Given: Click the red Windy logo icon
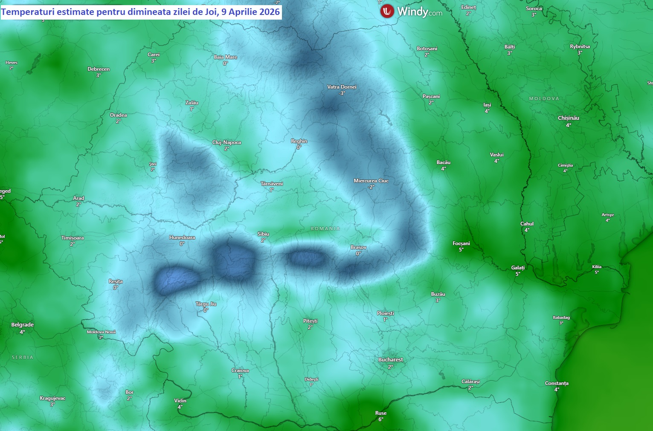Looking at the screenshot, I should pyautogui.click(x=387, y=11).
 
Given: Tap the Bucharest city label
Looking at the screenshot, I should pyautogui.click(x=390, y=360).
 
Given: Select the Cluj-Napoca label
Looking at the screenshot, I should pyautogui.click(x=226, y=142).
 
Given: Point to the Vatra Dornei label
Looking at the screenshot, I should pyautogui.click(x=342, y=87).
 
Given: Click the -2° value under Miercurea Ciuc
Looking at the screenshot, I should pyautogui.click(x=371, y=187).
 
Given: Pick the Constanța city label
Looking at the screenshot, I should pyautogui.click(x=557, y=383).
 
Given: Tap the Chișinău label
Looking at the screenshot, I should pyautogui.click(x=569, y=118).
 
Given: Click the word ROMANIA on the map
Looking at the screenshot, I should pyautogui.click(x=325, y=229).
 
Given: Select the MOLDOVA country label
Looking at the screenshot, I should pyautogui.click(x=544, y=98).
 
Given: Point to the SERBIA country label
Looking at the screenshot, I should pyautogui.click(x=23, y=357).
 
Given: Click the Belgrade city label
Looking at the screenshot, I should pyautogui.click(x=22, y=325).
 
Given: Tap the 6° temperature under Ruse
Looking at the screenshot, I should pyautogui.click(x=381, y=419).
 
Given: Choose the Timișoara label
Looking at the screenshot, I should pyautogui.click(x=73, y=238).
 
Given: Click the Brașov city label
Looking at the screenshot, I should pyautogui.click(x=358, y=247).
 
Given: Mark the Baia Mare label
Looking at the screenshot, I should pyautogui.click(x=226, y=57).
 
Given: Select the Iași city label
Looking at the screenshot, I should pyautogui.click(x=487, y=105).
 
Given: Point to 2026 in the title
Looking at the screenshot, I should pyautogui.click(x=269, y=12).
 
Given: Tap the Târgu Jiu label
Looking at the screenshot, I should pyautogui.click(x=206, y=304).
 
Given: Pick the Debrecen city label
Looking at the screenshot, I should pyautogui.click(x=99, y=69).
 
